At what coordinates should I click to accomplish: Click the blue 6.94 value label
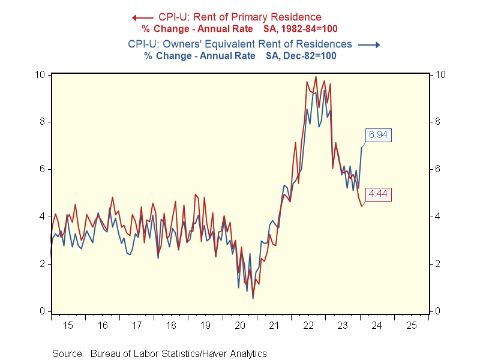[377, 135]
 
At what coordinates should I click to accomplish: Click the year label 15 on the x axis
[68, 325]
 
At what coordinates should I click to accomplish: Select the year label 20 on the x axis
[240, 325]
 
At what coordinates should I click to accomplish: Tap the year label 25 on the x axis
[412, 325]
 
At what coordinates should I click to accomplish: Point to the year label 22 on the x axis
[308, 325]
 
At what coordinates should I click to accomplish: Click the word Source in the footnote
[68, 353]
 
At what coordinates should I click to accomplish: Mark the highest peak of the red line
[316, 77]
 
